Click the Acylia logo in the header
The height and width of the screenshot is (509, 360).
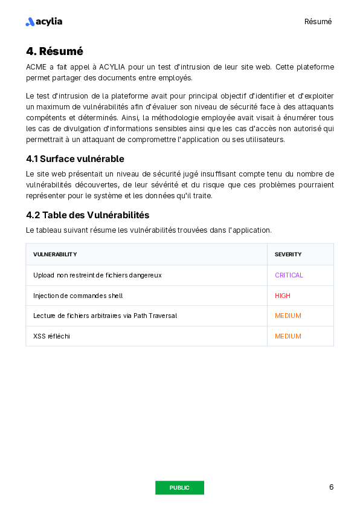[43, 22]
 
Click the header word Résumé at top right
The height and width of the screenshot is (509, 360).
[318, 22]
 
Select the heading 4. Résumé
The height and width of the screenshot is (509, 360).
[54, 51]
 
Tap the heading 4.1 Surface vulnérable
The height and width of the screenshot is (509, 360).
[75, 159]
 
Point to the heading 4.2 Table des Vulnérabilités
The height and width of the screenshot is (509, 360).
[88, 215]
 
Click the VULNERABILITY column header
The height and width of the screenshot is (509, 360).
[55, 254]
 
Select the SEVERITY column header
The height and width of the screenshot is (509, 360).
[288, 254]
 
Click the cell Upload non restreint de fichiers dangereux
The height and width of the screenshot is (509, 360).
[97, 275]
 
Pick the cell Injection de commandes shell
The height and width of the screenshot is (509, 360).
[78, 296]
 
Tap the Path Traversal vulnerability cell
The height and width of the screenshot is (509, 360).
[105, 316]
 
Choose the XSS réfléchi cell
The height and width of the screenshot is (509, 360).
[51, 336]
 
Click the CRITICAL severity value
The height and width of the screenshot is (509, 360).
[289, 275]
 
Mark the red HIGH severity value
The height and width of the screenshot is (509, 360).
[283, 296]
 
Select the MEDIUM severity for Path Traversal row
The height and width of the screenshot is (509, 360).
[288, 316]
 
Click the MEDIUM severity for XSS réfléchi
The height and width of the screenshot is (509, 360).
[288, 336]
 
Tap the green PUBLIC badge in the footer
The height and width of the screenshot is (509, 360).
[179, 488]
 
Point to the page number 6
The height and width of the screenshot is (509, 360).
[331, 487]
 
